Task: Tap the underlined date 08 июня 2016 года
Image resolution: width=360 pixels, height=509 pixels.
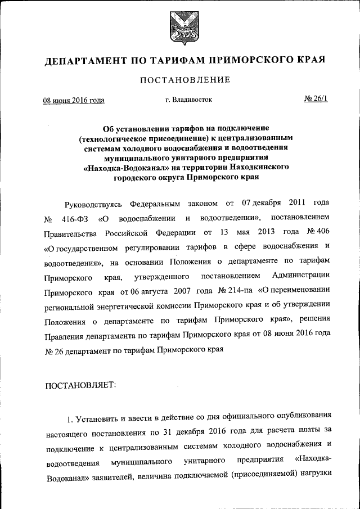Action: (x=74, y=101)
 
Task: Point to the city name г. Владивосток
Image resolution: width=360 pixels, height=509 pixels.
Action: (x=188, y=100)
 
